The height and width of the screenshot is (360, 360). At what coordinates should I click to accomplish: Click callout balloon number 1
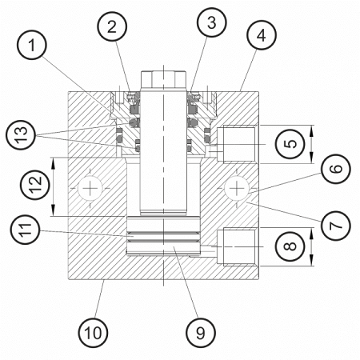point(32,45)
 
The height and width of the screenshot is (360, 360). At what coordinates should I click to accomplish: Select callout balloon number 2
point(112,26)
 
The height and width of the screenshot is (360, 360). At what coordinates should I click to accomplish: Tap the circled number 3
point(211,22)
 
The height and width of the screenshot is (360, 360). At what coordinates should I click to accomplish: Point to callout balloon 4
point(262,35)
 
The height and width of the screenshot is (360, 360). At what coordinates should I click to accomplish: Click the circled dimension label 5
point(290,144)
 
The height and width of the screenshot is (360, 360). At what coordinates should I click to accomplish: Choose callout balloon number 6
point(336,169)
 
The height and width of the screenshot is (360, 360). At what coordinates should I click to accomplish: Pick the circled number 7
point(336,226)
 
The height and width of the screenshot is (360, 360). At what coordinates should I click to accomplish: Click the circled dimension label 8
point(290,246)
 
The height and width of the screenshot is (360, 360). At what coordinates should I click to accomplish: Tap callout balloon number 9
point(201,333)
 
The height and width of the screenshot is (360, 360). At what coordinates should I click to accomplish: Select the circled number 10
point(93,333)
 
